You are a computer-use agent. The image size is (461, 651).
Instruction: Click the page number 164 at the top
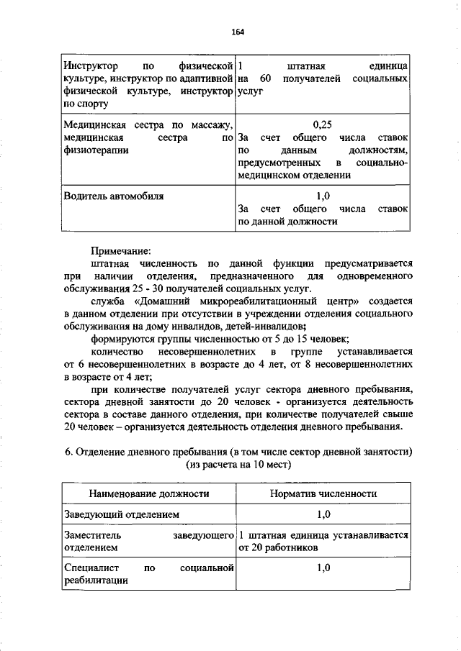coord(238,32)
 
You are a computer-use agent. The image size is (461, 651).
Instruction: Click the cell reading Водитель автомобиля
coord(113,196)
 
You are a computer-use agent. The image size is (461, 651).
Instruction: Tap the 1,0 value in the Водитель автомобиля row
coord(323,196)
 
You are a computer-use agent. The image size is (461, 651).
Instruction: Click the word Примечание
coord(120,252)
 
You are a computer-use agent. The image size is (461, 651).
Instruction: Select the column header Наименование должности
coord(149,493)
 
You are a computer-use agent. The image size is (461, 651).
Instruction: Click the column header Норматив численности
coord(323,493)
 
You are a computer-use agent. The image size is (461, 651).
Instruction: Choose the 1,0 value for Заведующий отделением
coord(323,515)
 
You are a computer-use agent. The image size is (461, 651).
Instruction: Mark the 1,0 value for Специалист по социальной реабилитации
coord(323,568)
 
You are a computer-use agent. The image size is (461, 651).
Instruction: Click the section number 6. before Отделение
coord(68,452)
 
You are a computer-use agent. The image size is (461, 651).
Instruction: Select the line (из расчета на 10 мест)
coord(238,465)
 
